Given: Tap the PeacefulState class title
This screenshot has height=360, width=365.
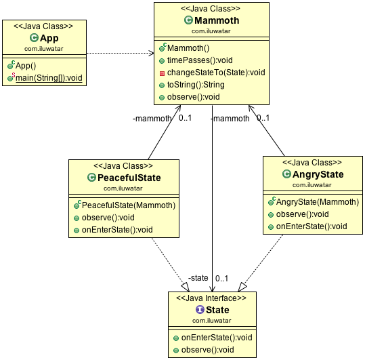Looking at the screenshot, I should coord(129,178).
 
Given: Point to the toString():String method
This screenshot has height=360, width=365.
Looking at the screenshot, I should coord(197,85).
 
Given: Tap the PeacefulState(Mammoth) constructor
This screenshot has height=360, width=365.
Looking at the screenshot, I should coord(129,205).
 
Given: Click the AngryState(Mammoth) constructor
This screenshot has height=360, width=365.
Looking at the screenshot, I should coord(312,201).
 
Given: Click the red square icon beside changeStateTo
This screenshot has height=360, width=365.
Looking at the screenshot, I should coord(163,73).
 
